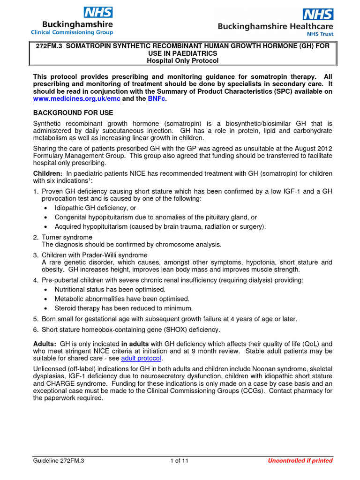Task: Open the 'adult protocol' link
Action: pos(141,359)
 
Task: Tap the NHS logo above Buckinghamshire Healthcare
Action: pos(318,15)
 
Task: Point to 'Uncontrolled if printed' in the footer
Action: pos(300,460)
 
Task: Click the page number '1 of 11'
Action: pos(179,460)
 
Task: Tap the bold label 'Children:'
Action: pos(48,174)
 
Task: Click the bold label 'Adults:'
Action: pos(45,344)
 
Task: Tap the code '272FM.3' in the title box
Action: pos(49,46)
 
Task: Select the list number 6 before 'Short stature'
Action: pos(35,330)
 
